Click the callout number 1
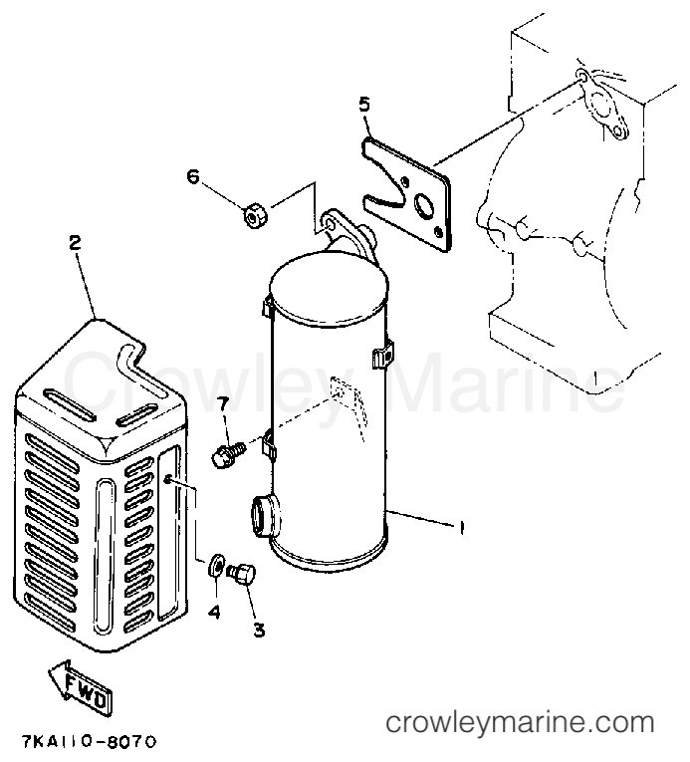tap(461, 527)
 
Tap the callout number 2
tap(75, 242)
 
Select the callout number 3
tap(260, 630)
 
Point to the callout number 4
tap(214, 612)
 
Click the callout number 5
tap(364, 105)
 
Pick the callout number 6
tap(193, 176)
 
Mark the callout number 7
tap(223, 403)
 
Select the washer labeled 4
tap(216, 564)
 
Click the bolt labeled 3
tap(242, 574)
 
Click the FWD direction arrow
tap(81, 685)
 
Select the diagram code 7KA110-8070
tap(90, 742)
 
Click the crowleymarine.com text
tap(520, 722)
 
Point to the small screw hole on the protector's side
tap(166, 480)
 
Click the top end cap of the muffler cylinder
tap(329, 283)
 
